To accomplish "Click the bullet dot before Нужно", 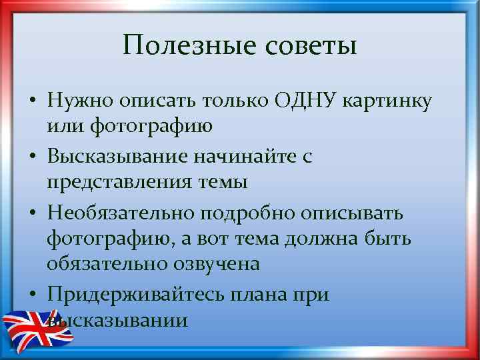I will pos(31,101).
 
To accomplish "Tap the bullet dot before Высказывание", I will pos(31,157).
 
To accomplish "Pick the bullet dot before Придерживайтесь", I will pos(31,295).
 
